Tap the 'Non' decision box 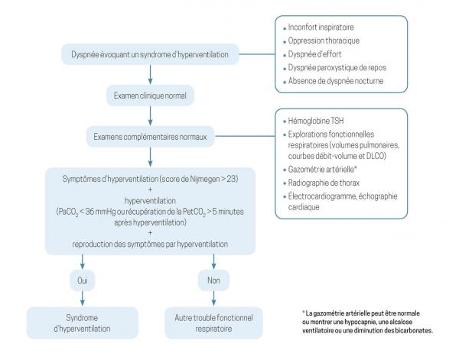[213, 279]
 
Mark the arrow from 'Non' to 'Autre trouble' [213, 298]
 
